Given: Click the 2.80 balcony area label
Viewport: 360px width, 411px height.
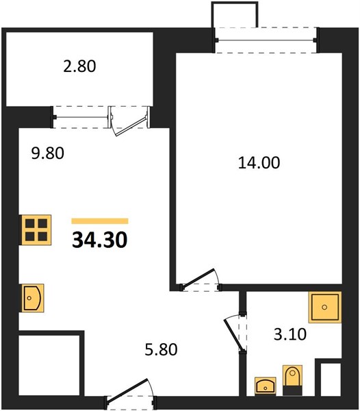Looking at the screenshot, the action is click(79, 66).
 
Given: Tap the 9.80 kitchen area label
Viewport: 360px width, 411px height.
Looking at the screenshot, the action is click(47, 153).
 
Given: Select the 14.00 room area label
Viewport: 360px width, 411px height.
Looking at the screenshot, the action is click(259, 162).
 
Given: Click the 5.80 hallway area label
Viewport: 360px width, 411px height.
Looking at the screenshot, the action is click(161, 349).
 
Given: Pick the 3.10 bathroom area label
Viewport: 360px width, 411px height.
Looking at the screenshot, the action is click(290, 334).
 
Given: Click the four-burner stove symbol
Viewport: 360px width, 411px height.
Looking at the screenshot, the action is click(36, 230).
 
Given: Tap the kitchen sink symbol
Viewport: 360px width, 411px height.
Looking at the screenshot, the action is click(32, 298).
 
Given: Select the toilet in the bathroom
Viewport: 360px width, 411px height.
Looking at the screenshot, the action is click(292, 380).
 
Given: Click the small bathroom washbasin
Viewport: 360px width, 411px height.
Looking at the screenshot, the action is click(266, 386).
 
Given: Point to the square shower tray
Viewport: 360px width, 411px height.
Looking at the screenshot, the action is click(325, 307).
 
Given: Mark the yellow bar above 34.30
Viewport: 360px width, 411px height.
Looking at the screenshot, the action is click(100, 221).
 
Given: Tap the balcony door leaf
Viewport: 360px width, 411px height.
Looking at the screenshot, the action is click(130, 127).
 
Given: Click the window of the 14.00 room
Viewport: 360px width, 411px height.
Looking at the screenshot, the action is click(266, 40).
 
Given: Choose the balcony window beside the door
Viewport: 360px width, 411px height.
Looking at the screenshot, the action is click(81, 117).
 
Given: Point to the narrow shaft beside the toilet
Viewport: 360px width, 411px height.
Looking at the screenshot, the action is click(331, 379).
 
